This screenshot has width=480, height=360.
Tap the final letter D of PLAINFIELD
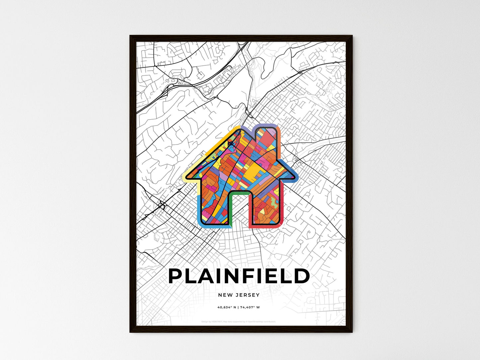[302, 276]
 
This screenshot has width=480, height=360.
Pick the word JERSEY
[247, 295]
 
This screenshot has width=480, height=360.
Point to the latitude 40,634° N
[227, 307]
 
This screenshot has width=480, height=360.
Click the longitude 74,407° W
[251, 307]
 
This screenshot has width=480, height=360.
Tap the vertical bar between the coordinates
[239, 307]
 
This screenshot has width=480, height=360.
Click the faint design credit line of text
[239, 321]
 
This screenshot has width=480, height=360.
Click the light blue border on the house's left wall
[199, 209]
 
